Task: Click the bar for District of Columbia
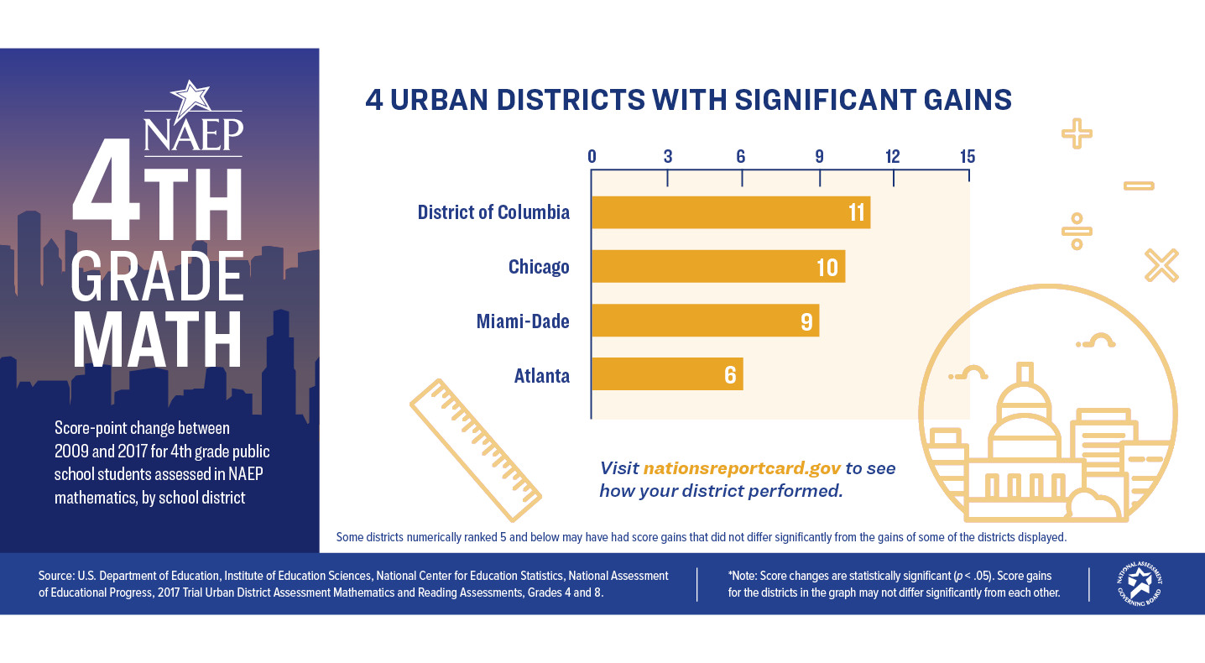[x=730, y=212]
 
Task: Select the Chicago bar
[x=717, y=267]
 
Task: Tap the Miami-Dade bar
[x=705, y=321]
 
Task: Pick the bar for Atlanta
[x=667, y=374]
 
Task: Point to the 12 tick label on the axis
[x=892, y=157]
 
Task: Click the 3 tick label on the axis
[x=668, y=157]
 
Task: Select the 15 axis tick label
[x=968, y=157]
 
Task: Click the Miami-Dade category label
[x=523, y=321]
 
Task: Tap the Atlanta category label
[x=542, y=375]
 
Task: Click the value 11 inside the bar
[x=856, y=212]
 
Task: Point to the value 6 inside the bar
[x=730, y=375]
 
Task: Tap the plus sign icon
[x=1076, y=133]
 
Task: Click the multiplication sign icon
[x=1161, y=265]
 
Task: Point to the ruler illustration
[x=475, y=450]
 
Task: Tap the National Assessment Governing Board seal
[x=1139, y=584]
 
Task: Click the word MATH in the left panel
[x=158, y=340]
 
